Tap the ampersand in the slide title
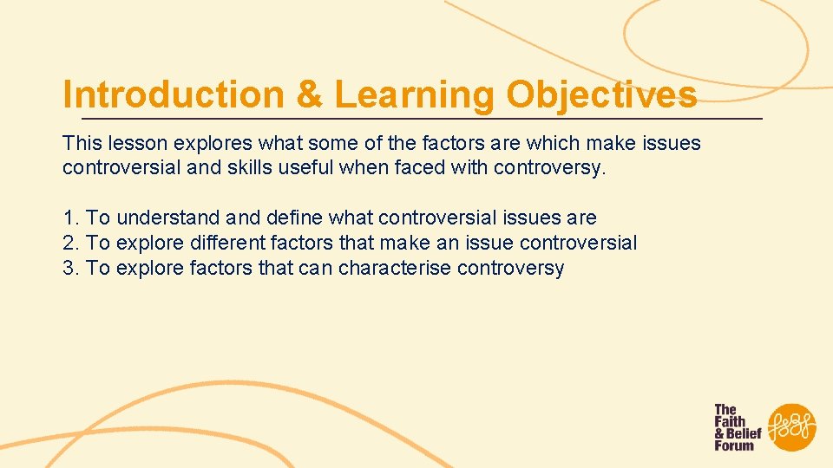308,94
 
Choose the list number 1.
69,218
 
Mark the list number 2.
69,244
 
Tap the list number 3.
69,269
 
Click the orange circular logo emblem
791,426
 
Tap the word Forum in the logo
734,445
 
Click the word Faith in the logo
730,421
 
